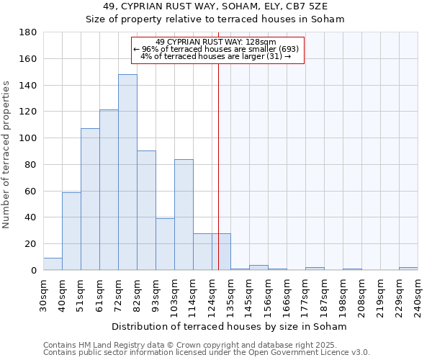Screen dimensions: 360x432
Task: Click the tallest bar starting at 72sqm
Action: pos(127,172)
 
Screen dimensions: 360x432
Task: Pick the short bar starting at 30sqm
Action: pos(53,264)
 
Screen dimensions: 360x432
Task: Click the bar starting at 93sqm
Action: pos(165,244)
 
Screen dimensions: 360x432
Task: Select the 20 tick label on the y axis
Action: pos(32,244)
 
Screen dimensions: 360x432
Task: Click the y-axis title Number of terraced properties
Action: pos(7,155)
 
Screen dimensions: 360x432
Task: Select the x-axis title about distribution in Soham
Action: pos(230,327)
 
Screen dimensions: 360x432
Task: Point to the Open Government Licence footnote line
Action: pos(206,352)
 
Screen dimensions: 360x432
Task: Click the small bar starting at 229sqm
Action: pos(408,269)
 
